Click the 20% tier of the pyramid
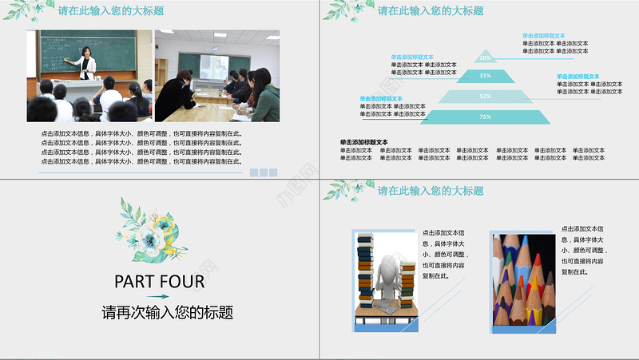click(x=485, y=57)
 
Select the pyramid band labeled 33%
click(x=485, y=76)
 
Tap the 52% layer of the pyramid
click(x=485, y=97)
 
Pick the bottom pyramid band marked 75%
click(x=485, y=117)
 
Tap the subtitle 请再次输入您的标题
click(x=168, y=312)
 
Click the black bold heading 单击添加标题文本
click(x=363, y=142)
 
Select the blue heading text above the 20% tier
click(x=543, y=36)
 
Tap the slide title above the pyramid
click(x=431, y=11)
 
